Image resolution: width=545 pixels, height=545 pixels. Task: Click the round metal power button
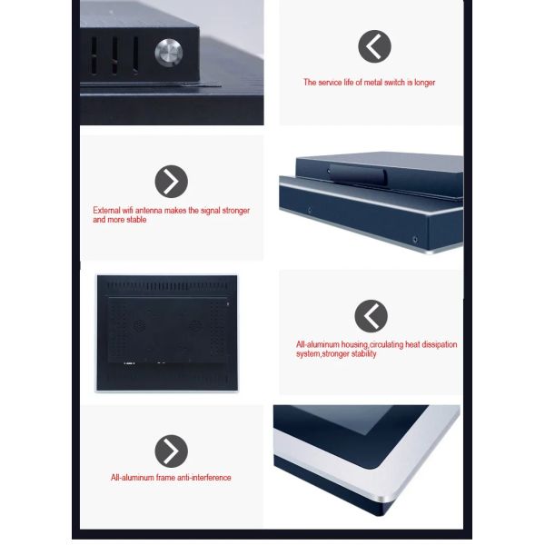[x=169, y=53]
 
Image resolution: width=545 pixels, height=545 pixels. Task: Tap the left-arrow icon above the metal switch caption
[x=374, y=46]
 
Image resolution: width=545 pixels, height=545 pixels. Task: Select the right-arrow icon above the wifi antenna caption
[x=172, y=182]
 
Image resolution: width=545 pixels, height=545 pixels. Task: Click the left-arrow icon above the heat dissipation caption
[x=371, y=316]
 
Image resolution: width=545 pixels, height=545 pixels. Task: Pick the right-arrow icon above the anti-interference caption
[x=172, y=451]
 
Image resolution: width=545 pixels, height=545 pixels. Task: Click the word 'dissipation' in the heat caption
[x=440, y=344]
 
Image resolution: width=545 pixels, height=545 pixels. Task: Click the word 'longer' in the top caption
[x=425, y=83]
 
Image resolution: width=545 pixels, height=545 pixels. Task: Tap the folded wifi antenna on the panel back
[x=357, y=174]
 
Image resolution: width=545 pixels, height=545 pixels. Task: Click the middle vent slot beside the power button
[x=114, y=55]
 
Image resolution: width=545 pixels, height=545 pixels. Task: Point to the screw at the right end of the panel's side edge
[x=415, y=239]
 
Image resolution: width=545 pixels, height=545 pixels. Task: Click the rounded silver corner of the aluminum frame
[x=386, y=498]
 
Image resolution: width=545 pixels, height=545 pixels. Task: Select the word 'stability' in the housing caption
[x=364, y=354]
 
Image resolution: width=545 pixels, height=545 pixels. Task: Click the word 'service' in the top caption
[x=330, y=83]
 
